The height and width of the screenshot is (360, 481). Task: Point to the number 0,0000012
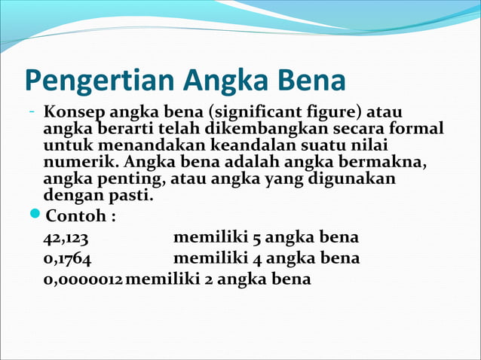tap(83, 279)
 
